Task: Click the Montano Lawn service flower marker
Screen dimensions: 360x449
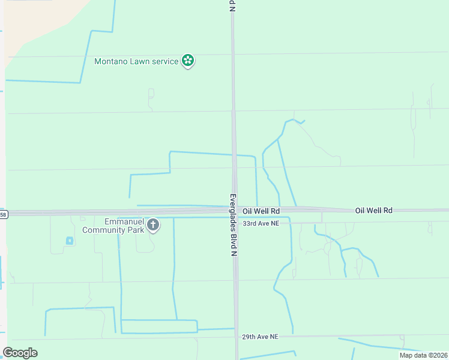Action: point(188,60)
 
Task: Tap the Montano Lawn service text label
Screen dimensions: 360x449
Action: point(137,61)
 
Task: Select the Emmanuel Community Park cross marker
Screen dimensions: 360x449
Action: point(153,225)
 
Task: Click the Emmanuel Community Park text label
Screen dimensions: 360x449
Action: point(113,226)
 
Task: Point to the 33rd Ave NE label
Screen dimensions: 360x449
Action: point(261,223)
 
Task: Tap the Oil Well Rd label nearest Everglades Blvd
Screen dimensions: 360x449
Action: point(261,211)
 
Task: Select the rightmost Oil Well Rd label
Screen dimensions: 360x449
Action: point(373,210)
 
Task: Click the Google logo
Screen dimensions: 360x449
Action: point(20,353)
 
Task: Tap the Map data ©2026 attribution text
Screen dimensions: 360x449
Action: point(423,355)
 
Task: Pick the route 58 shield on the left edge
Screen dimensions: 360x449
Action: point(3,214)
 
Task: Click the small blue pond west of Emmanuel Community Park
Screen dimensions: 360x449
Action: point(69,241)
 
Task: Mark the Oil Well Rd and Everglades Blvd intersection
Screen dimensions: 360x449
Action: point(235,211)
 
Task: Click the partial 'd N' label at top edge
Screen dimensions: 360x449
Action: point(232,5)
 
